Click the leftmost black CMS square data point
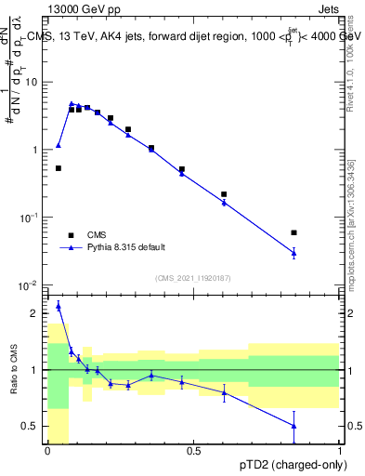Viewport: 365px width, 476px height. pyautogui.click(x=59, y=168)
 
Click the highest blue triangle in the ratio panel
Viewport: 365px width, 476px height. pyautogui.click(x=59, y=306)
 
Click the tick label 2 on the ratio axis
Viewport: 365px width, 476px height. pyautogui.click(x=36, y=313)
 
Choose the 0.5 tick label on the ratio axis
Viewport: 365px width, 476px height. pyautogui.click(x=33, y=427)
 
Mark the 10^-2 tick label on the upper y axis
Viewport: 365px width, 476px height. pyautogui.click(x=30, y=284)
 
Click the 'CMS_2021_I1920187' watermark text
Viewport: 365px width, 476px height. pyautogui.click(x=193, y=278)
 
